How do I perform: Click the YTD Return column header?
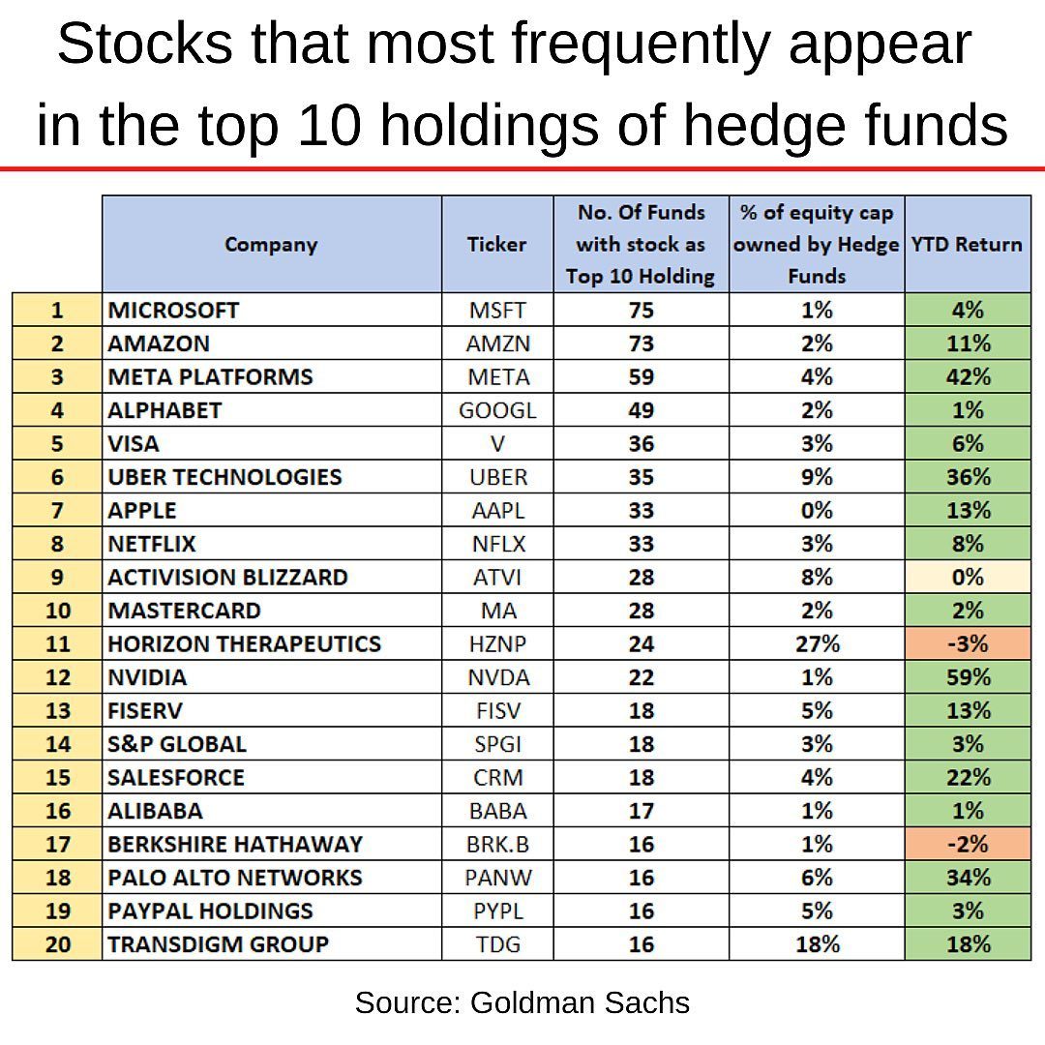967,244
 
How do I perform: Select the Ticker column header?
496,244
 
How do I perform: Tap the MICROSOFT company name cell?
174,311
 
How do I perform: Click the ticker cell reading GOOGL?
496,410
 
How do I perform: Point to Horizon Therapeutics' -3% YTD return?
967,643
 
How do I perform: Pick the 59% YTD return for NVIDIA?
967,677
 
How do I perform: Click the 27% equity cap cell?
816,643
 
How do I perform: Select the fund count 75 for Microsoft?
641,311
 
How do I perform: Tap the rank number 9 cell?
57,577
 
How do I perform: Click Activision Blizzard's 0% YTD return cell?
967,577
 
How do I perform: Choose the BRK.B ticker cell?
496,844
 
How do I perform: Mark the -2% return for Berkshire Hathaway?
967,844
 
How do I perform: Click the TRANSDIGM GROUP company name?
219,944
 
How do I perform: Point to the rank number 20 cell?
57,944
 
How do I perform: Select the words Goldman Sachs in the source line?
580,1002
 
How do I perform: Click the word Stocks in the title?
145,44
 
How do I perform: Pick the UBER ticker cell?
496,477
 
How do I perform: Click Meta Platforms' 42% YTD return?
967,376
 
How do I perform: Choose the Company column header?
271,244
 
